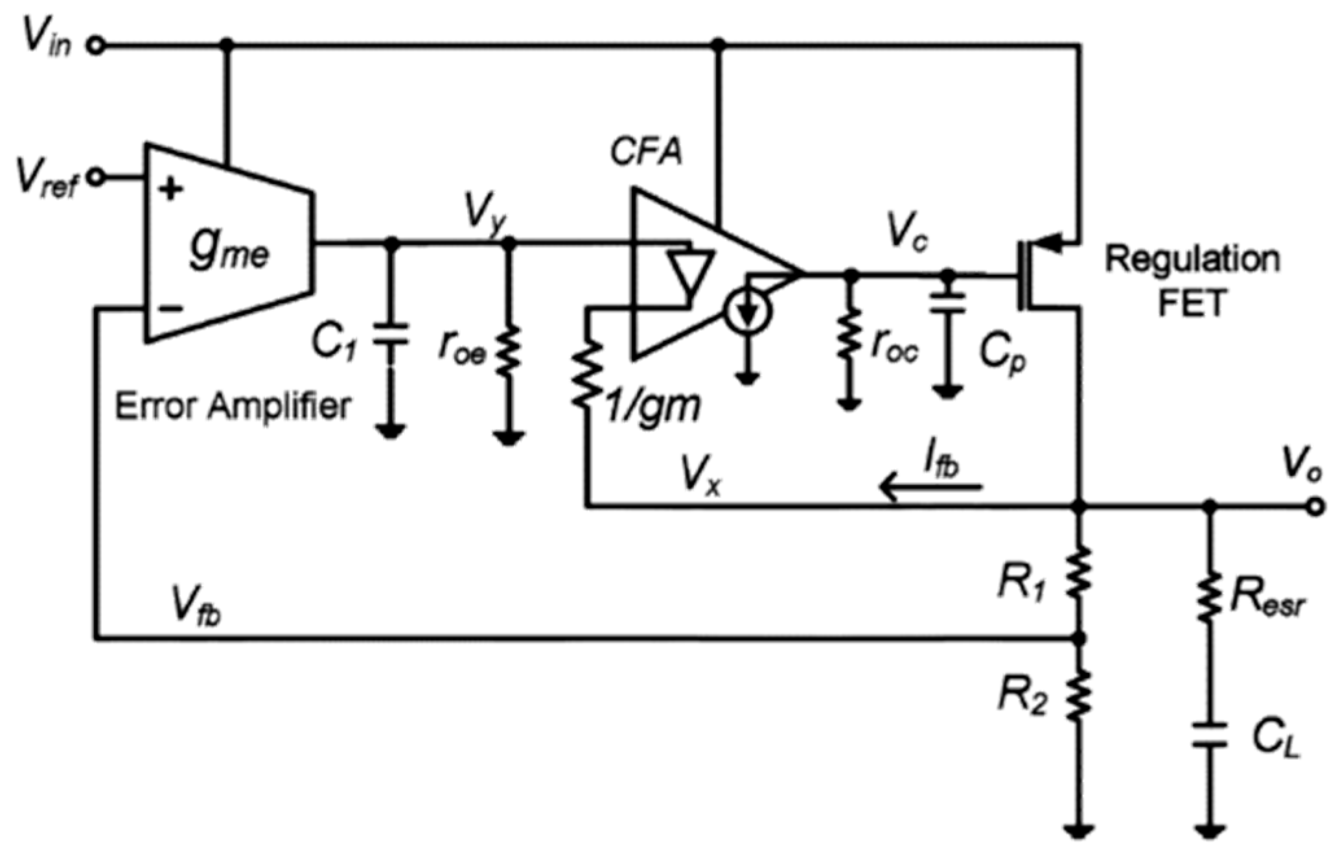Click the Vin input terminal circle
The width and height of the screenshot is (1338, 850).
point(96,45)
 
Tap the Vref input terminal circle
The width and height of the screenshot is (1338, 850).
point(96,176)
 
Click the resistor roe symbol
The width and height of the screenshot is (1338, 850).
point(509,351)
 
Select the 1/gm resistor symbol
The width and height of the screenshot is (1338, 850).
point(587,375)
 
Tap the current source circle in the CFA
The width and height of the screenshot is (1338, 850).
point(748,312)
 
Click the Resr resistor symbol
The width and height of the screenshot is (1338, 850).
point(1208,596)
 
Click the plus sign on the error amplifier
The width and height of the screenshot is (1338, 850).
point(170,190)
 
